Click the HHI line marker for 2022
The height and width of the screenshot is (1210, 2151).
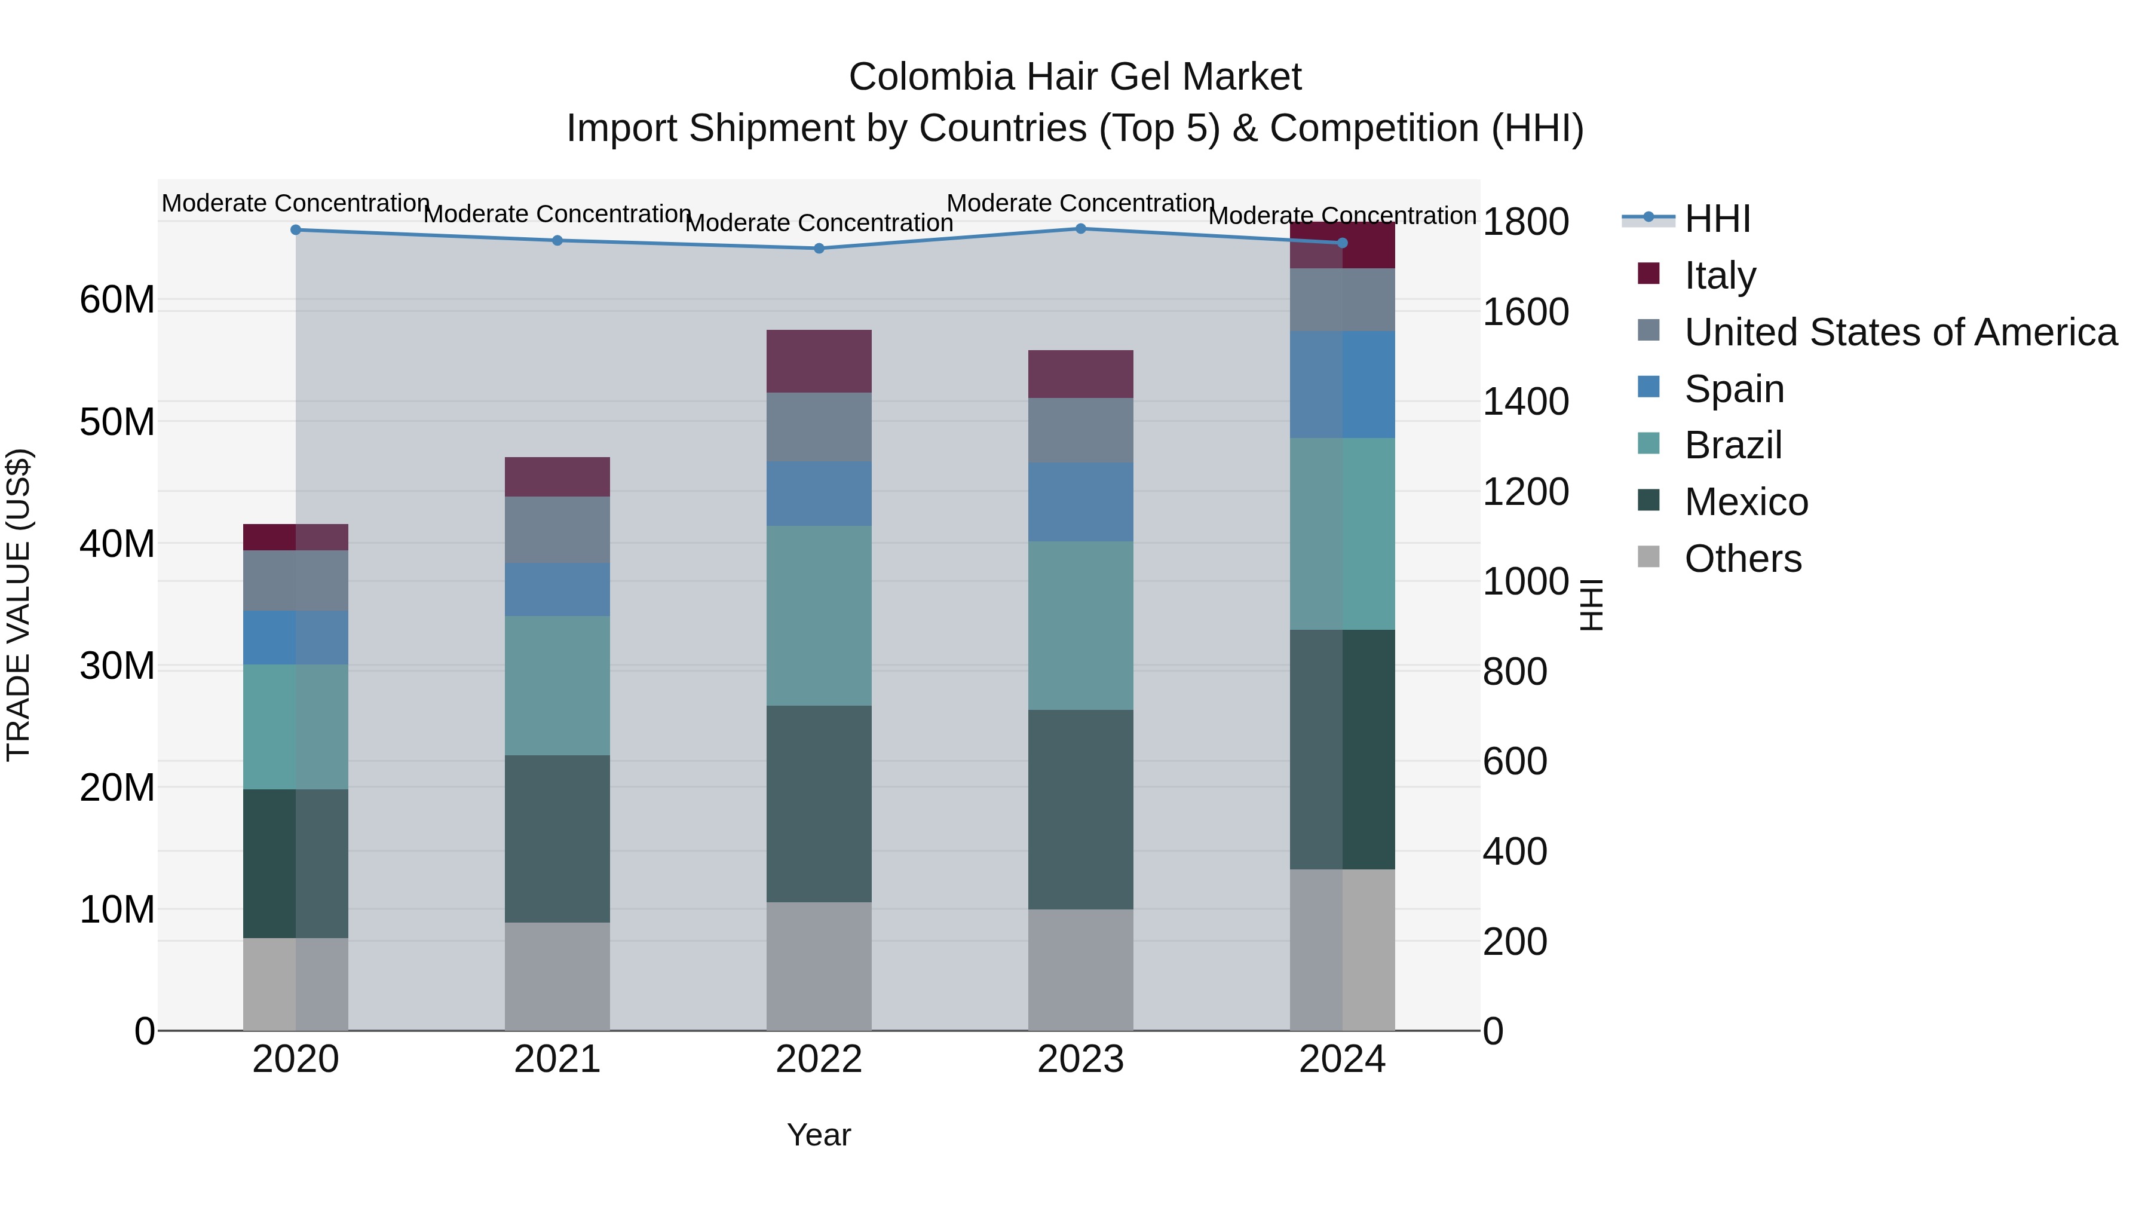(x=819, y=248)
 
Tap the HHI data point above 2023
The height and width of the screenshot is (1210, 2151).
(x=1080, y=228)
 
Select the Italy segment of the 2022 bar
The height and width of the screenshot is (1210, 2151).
(x=819, y=361)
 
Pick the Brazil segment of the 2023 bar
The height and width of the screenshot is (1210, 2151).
(x=1080, y=626)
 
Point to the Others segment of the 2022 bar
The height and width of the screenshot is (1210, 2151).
(x=819, y=966)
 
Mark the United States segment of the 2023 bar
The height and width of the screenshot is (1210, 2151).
(x=1080, y=430)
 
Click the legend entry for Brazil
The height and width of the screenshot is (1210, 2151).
(x=1733, y=445)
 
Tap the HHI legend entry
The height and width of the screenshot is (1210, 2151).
(x=1717, y=219)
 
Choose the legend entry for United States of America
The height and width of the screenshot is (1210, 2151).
(x=1899, y=332)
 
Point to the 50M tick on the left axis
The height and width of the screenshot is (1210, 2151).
(x=117, y=422)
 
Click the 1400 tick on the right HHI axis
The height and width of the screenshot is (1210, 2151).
(x=1525, y=402)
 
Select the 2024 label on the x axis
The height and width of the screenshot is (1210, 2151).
(x=1342, y=1059)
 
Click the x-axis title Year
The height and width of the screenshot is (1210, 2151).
(x=819, y=1135)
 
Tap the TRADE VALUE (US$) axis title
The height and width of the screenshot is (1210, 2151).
(x=19, y=605)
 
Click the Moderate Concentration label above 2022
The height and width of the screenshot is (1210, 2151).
(x=819, y=223)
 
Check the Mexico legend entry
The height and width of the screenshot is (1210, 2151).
(x=1745, y=502)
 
